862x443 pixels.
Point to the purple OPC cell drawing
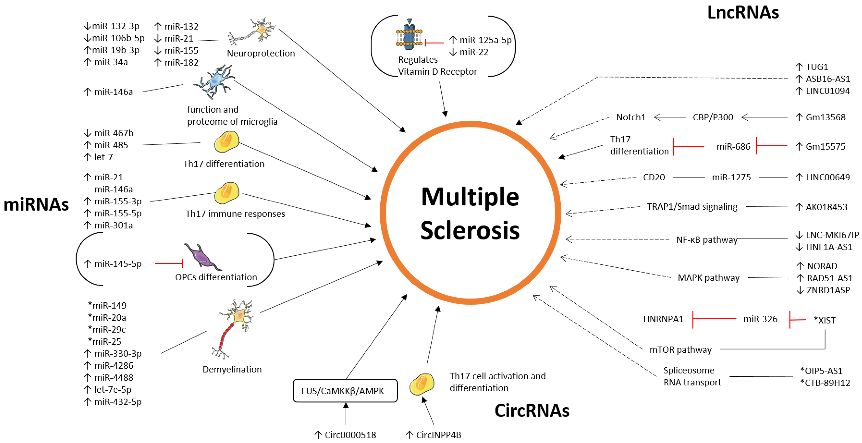coord(202,257)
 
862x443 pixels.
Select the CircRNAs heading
coord(532,410)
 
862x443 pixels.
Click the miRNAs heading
coord(36,204)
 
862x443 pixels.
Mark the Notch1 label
coord(631,117)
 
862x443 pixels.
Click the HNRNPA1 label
coord(663,319)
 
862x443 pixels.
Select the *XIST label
coord(825,320)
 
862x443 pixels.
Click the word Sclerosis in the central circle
coord(470,230)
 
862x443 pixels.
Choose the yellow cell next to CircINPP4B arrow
coord(422,384)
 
